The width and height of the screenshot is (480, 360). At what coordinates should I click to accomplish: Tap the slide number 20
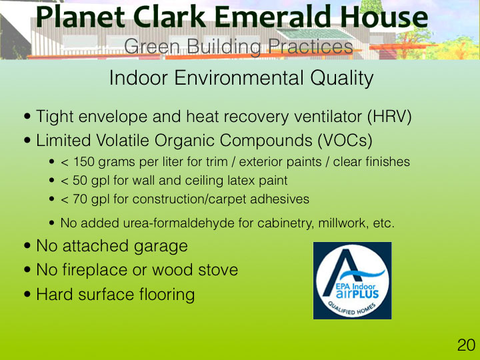click(x=466, y=345)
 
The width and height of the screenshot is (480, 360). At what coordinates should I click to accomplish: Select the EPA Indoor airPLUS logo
click(x=352, y=281)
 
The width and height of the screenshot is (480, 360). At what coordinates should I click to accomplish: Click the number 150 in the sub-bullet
click(x=83, y=161)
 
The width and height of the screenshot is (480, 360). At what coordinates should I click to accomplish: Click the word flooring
click(x=167, y=295)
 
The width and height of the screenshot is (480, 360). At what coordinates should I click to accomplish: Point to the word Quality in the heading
click(x=341, y=78)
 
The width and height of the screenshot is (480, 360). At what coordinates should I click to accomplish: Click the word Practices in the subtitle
click(x=311, y=47)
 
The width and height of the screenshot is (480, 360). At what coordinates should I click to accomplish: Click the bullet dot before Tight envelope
click(x=27, y=117)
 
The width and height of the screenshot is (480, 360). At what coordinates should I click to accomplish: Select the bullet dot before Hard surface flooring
click(x=27, y=295)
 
